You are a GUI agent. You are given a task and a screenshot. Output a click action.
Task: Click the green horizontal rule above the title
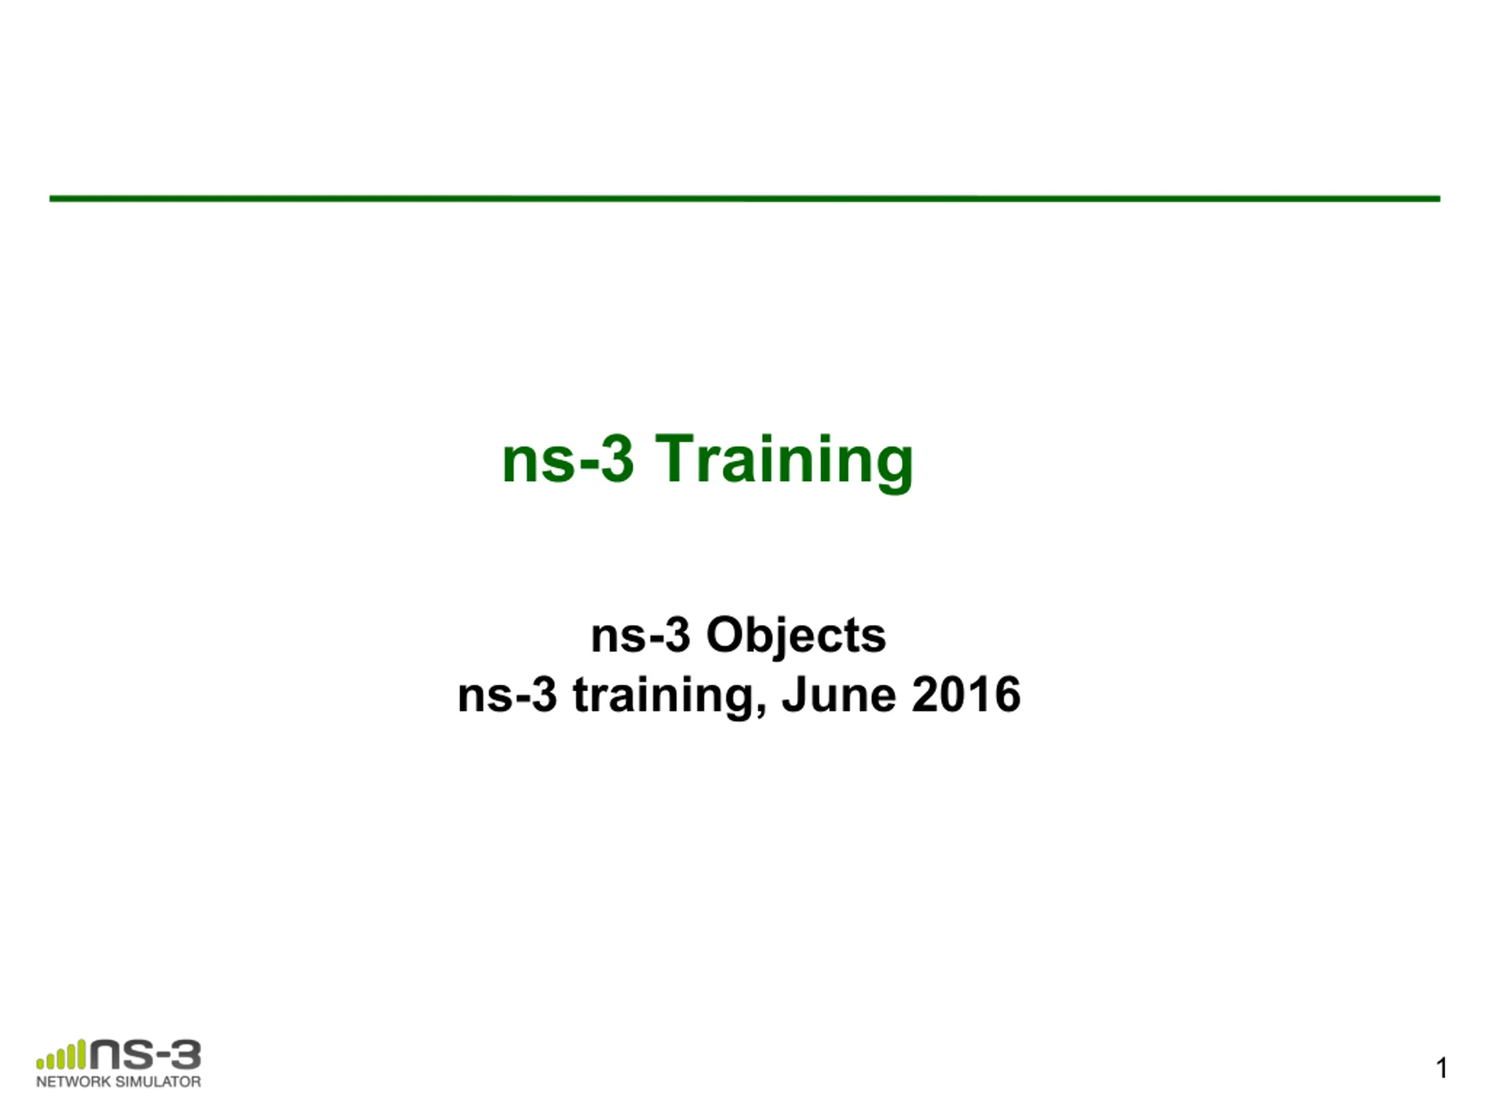[745, 198]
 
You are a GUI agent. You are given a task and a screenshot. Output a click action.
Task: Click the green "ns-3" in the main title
[569, 458]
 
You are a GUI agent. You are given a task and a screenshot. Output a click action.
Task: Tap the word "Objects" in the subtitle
[796, 636]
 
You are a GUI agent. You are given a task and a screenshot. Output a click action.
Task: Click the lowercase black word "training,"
[669, 697]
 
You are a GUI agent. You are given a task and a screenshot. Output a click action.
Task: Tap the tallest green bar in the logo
[81, 1054]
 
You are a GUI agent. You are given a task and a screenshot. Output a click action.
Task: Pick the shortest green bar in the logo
[40, 1064]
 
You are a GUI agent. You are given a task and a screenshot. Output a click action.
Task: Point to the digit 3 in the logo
[185, 1054]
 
